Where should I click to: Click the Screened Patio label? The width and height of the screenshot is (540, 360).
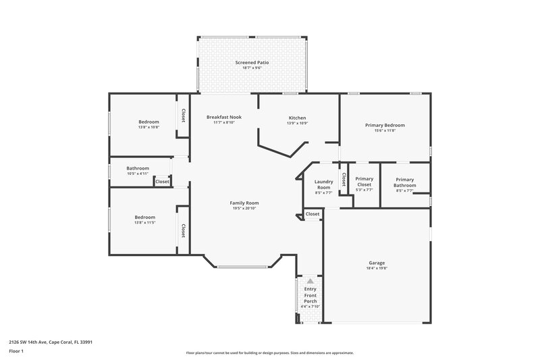click(252, 62)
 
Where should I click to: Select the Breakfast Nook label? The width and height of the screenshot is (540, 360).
click(223, 117)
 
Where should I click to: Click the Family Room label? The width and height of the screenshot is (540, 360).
click(244, 203)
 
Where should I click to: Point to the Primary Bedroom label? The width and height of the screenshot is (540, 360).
click(385, 125)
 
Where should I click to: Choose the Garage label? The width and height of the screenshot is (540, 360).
click(377, 263)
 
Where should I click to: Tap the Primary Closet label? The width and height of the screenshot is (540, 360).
click(364, 182)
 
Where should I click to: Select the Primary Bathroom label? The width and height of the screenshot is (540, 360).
click(405, 182)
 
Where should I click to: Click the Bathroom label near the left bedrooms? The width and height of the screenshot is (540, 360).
click(138, 168)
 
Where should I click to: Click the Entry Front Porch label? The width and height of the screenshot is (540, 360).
click(310, 295)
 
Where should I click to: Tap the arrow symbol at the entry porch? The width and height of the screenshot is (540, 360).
click(310, 280)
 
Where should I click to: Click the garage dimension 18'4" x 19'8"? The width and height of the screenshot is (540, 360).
click(377, 268)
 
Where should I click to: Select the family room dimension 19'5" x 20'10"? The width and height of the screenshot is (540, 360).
click(244, 208)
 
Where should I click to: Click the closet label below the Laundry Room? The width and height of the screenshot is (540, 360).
click(312, 214)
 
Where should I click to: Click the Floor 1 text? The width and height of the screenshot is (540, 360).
click(16, 352)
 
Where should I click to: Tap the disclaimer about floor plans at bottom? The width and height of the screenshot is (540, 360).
click(269, 353)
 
